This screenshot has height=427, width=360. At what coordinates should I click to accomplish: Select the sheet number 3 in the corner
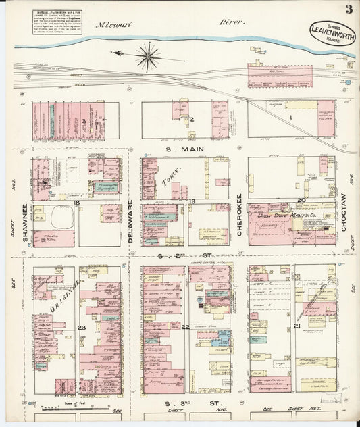[347, 9]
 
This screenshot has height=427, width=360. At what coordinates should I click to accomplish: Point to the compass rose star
[148, 55]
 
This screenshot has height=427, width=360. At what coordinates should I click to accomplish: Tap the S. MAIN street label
[181, 150]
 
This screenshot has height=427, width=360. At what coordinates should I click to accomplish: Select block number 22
[185, 327]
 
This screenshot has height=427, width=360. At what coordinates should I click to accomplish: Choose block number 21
[297, 327]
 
